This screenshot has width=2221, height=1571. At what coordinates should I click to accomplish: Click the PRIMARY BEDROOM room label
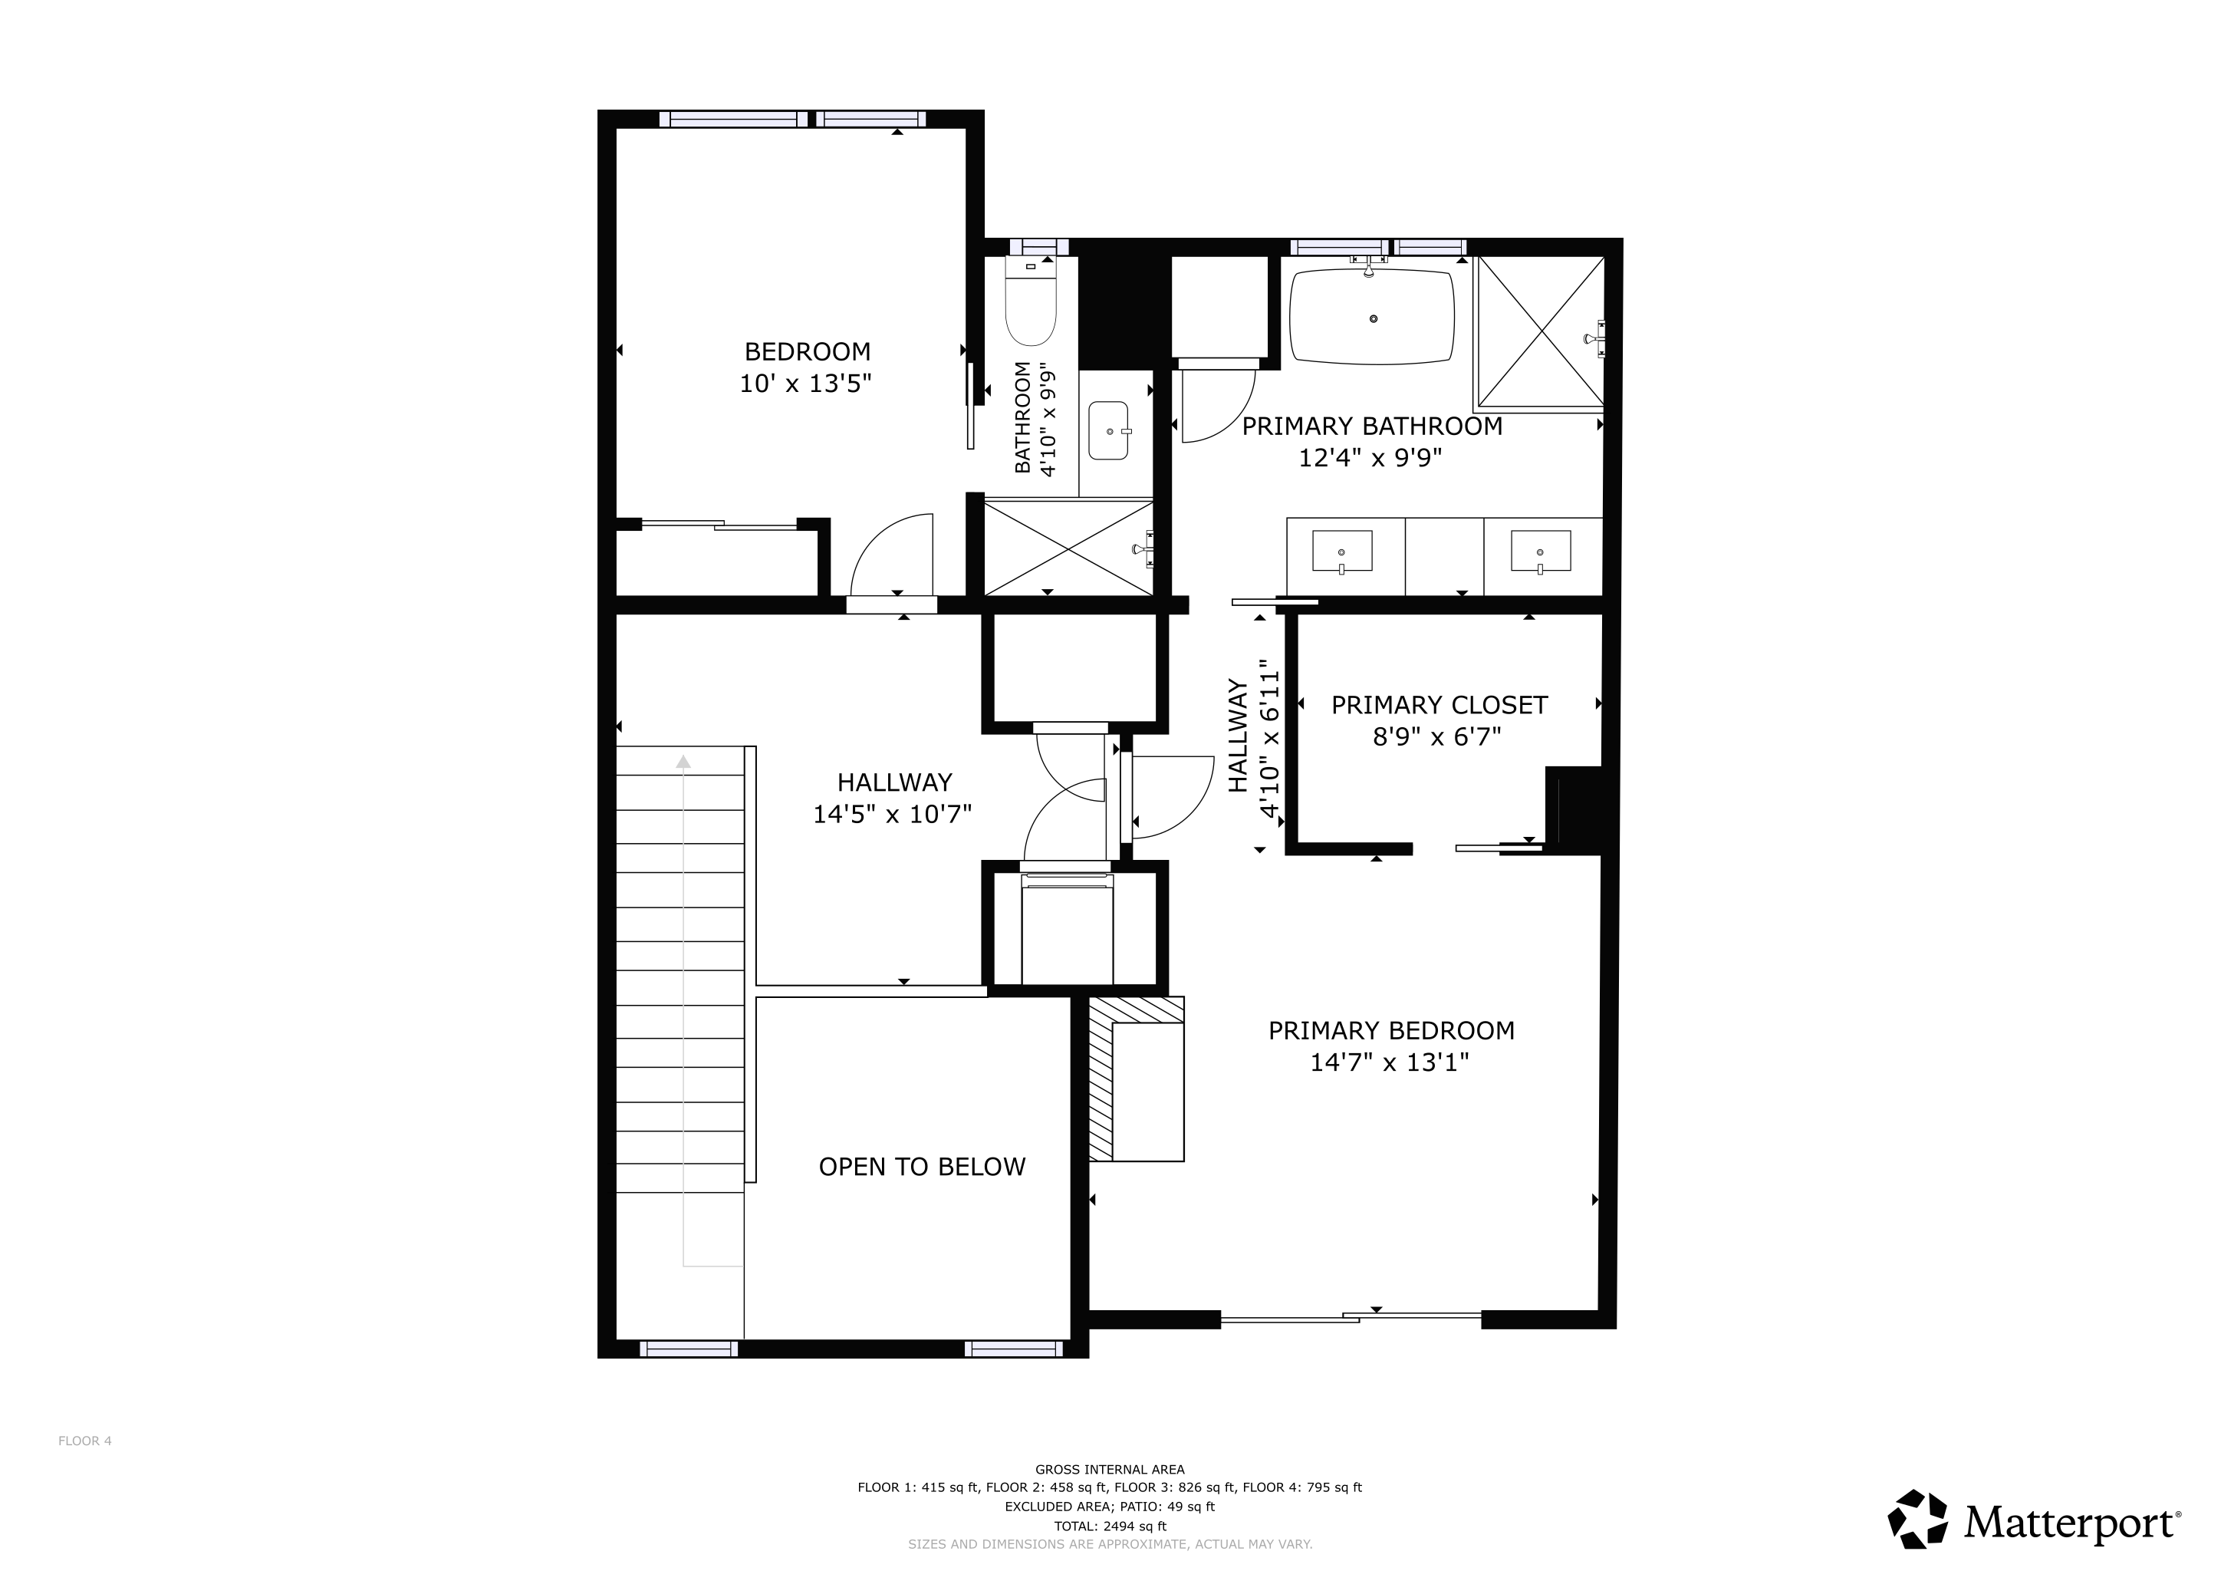point(1391,1031)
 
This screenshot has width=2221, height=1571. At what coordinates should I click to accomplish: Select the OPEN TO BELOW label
point(922,1167)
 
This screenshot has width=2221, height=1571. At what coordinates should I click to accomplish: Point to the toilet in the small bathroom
point(1030,303)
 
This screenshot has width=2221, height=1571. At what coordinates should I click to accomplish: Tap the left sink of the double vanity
point(1341,552)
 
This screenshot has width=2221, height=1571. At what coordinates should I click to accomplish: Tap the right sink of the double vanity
point(1540,552)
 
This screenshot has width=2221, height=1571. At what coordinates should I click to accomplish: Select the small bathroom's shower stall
point(1068,548)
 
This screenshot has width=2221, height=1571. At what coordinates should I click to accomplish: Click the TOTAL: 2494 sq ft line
point(1110,1527)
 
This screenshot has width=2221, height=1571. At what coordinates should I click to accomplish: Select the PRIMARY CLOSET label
point(1440,705)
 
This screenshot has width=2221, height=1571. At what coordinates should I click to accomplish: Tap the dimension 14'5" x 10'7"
point(892,815)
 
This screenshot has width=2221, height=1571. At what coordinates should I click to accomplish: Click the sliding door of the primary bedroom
point(1351,1316)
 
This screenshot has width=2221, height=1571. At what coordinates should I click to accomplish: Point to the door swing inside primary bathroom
point(1216,407)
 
